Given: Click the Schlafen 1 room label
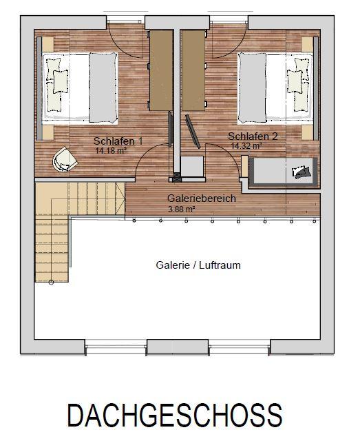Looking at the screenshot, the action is coord(118,141).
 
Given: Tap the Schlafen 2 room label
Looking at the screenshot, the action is coord(253,136).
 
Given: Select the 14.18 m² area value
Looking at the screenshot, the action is coord(110,150).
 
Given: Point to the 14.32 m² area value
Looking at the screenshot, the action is coord(246,145).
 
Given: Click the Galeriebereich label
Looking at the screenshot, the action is coord(202,198).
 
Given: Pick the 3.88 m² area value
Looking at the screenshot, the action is coord(181,209).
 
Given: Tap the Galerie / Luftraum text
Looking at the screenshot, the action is coord(198,265).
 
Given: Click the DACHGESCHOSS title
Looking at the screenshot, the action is coord(175,416).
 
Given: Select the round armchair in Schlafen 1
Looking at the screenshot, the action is coord(65,159).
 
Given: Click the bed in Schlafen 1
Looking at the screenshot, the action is coord(80,88).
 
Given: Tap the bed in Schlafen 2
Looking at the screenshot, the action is coord(275,88).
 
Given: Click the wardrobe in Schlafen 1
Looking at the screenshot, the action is coord(161,70).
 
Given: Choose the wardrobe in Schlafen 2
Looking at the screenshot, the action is coord(193,70).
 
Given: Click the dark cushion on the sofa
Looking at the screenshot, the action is coord(302,172).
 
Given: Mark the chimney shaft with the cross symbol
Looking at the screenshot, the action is coord(176,177).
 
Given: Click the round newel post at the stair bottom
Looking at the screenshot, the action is coord(51,282).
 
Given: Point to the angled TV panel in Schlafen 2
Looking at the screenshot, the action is coord(193,131).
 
